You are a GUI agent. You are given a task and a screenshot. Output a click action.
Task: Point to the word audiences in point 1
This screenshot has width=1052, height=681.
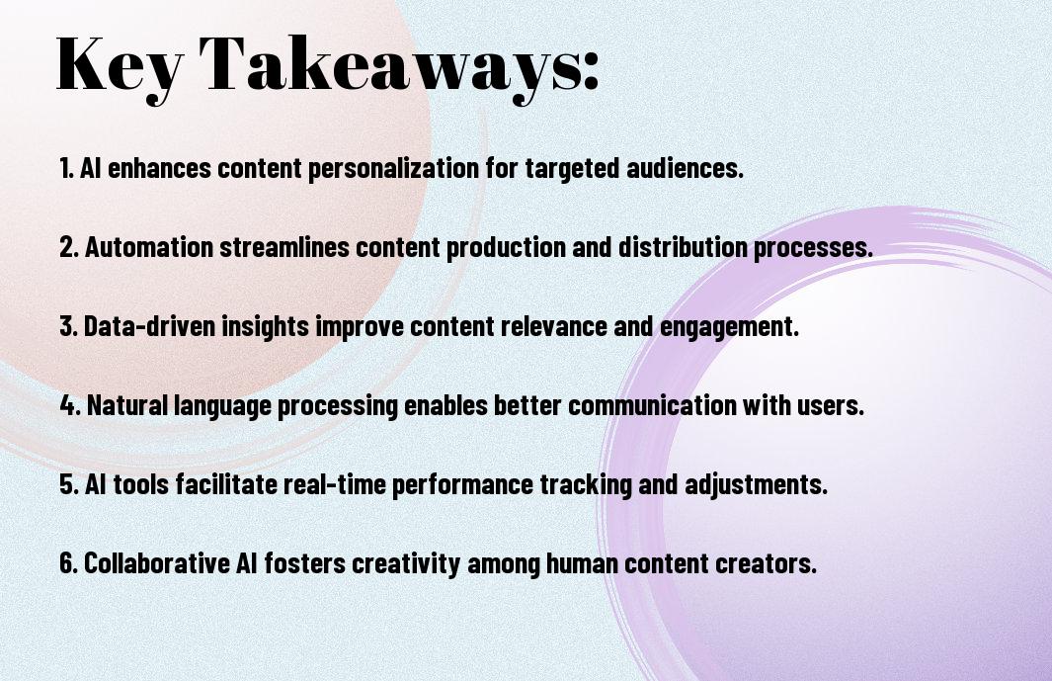coord(685,168)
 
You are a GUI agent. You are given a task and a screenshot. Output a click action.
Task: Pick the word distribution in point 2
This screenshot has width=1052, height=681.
coord(683,246)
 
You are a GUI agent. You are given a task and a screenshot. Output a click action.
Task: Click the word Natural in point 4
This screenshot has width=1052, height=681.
coord(127,405)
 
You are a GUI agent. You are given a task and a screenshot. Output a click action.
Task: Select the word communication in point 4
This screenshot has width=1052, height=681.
coord(653,405)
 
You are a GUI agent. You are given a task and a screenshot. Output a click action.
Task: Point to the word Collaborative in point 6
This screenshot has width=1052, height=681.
coord(157,562)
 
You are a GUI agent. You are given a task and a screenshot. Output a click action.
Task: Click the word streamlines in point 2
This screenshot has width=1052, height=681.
coord(284,246)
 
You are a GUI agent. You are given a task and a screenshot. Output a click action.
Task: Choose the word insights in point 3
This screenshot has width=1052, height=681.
coord(266,327)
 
